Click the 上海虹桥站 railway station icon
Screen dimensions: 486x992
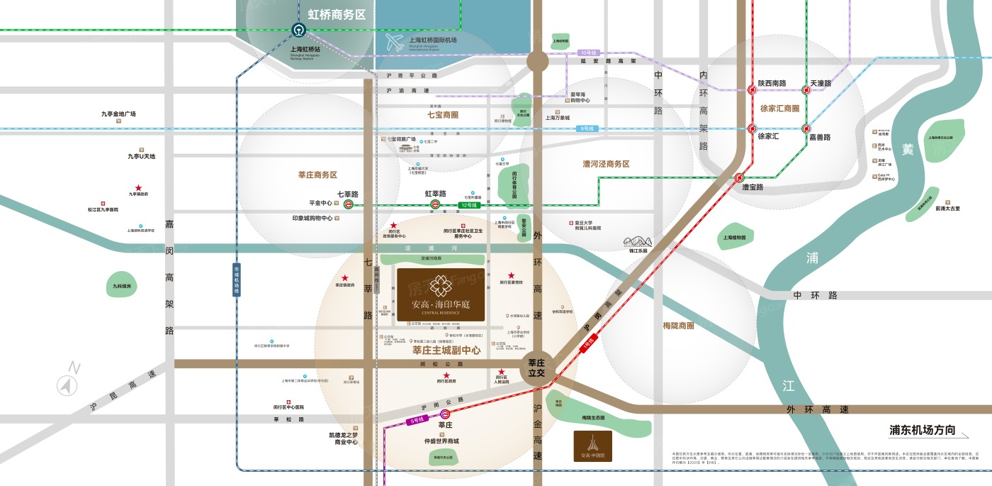coord(298,30)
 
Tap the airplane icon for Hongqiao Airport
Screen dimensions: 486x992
coord(395,43)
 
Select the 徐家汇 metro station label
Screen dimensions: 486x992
coord(769,136)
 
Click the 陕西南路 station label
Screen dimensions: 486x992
coord(772,83)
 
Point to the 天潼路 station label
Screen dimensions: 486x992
coord(821,83)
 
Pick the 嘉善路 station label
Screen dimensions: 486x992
coord(820,137)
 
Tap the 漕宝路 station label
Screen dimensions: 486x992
coord(753,187)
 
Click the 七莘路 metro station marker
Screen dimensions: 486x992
coord(349,204)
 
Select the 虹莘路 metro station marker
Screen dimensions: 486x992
coord(435,204)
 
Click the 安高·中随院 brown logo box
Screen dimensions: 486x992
coord(592,446)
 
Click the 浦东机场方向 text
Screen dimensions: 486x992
coord(923,430)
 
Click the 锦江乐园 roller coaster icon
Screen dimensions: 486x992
coord(638,242)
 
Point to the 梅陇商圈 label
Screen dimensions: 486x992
coord(678,326)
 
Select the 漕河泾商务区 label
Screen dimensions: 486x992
coord(606,164)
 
